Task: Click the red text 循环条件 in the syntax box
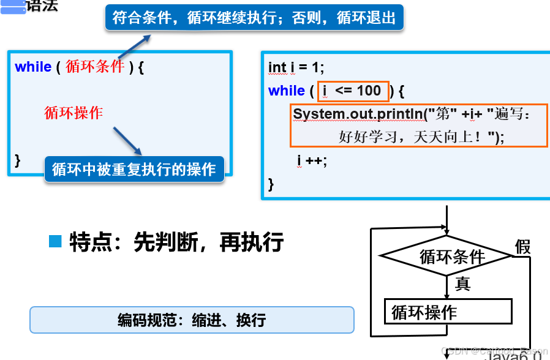click(x=95, y=67)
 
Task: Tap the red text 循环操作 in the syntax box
click(x=73, y=113)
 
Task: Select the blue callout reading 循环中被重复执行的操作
click(x=134, y=169)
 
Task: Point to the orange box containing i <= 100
click(x=353, y=91)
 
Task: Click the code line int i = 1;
click(x=296, y=67)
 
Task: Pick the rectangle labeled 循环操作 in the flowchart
click(x=447, y=312)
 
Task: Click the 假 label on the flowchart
click(x=522, y=247)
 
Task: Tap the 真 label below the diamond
click(x=463, y=283)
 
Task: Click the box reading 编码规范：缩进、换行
click(x=192, y=320)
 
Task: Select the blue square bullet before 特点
click(x=55, y=241)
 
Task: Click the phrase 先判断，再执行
click(x=208, y=242)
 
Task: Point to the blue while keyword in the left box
click(x=33, y=67)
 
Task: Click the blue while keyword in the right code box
click(x=287, y=91)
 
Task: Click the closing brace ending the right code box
click(x=271, y=184)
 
